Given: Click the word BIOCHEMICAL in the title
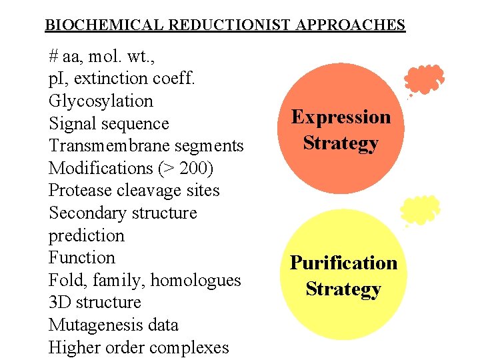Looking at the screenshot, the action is (105, 25).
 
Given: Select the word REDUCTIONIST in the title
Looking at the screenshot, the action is (229, 25).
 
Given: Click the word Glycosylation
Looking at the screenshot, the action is (101, 101).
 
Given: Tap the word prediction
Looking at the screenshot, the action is (87, 236).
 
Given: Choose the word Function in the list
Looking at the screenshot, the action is (81, 258).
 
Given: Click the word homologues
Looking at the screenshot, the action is (195, 281).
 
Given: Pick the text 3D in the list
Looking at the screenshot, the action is (59, 303).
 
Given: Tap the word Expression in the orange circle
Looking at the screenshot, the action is (341, 117).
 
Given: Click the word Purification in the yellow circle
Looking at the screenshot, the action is (343, 263).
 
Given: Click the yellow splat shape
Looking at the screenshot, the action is (420, 210).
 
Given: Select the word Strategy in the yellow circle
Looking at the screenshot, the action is (343, 289).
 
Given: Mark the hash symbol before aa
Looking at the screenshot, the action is (53, 56).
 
